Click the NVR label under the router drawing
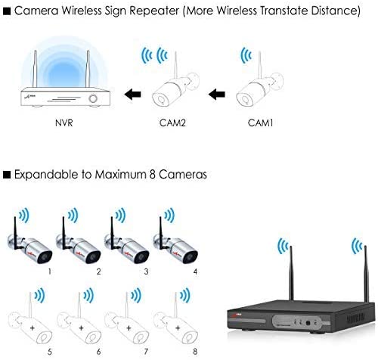pos(64,123)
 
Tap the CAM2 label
pos(172,123)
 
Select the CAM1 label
pos(260,123)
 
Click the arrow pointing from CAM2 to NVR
pos(133,95)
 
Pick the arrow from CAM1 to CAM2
pos(217,95)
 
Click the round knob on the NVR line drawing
pos(93,98)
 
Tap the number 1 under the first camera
pos(50,272)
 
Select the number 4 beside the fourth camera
pos(195,272)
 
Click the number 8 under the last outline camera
pos(195,352)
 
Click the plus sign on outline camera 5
pos(32,328)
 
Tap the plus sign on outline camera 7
pos(129,328)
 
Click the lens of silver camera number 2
pos(92,257)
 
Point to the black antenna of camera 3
pos(113,233)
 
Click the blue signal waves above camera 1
pos(24,216)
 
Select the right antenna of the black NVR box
pos(366,274)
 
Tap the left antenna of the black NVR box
pos(291,273)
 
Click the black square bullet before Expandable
pos(7,175)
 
